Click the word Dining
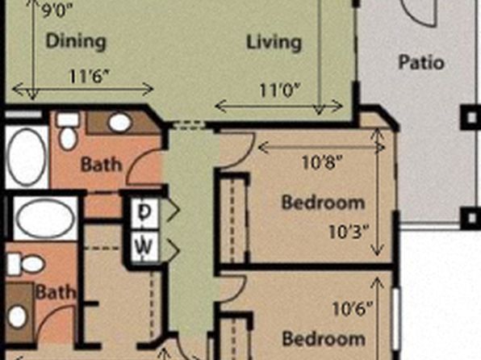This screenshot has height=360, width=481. click(x=76, y=42)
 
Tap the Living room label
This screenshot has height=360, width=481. click(x=274, y=43)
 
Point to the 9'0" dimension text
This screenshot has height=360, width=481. click(x=57, y=11)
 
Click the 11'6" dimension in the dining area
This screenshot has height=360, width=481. click(x=90, y=76)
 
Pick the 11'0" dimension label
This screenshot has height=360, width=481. click(x=279, y=90)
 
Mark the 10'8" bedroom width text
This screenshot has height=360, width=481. click(x=321, y=162)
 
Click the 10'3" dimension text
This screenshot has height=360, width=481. click(x=348, y=232)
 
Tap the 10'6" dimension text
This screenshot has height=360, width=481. click(x=353, y=308)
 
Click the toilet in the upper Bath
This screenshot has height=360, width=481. click(x=68, y=131)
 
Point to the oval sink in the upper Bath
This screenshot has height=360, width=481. click(x=119, y=123)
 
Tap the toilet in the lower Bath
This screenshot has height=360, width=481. click(x=26, y=264)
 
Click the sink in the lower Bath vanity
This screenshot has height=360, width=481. click(x=17, y=316)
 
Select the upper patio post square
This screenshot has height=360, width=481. click(x=471, y=117)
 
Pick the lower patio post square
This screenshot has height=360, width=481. click(x=471, y=218)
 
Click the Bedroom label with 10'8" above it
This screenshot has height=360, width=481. click(x=323, y=203)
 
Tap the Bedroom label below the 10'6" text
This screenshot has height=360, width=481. click(x=324, y=339)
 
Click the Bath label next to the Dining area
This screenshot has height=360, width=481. click(x=101, y=165)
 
